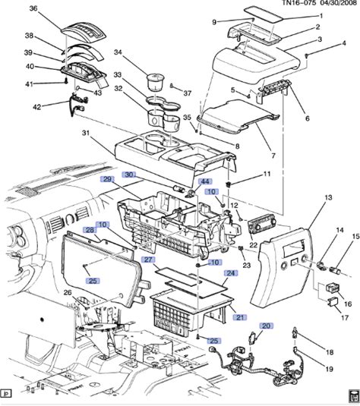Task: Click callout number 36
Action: (33, 8)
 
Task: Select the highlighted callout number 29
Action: (107, 179)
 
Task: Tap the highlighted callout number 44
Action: (205, 181)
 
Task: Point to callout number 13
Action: (328, 197)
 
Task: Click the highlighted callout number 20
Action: (266, 326)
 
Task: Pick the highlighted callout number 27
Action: (148, 260)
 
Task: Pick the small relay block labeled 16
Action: (333, 287)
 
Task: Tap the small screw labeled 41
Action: (66, 81)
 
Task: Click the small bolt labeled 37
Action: (172, 86)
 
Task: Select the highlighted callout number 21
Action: (240, 317)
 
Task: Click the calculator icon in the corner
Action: (353, 397)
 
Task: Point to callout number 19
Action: (329, 369)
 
